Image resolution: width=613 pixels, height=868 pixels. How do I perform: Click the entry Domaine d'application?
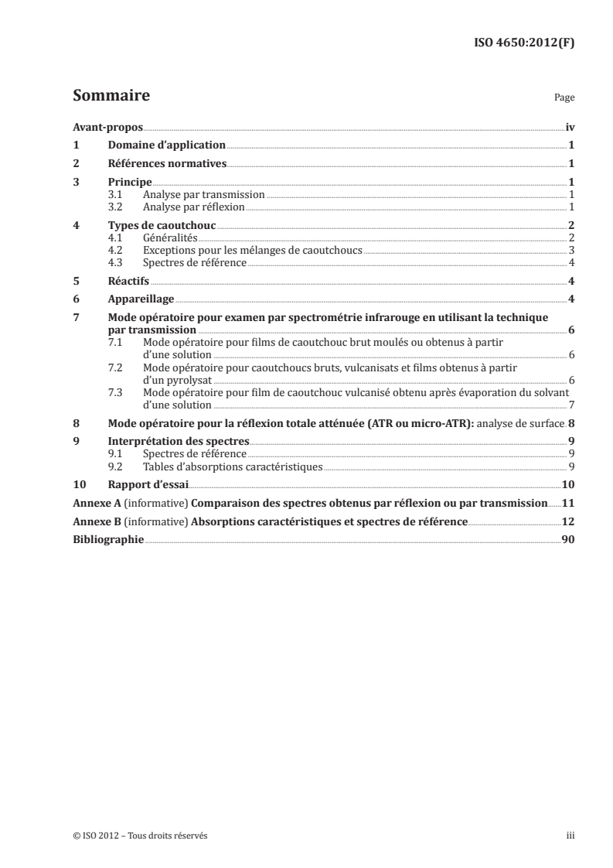pyautogui.click(x=166, y=145)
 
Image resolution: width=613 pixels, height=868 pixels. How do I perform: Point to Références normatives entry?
pyautogui.click(x=166, y=163)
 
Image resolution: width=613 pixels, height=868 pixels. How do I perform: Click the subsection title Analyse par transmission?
pyautogui.click(x=204, y=195)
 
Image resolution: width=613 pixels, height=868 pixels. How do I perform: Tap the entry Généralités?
pyautogui.click(x=170, y=238)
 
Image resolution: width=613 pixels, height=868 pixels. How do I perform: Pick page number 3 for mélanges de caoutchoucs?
pyautogui.click(x=570, y=250)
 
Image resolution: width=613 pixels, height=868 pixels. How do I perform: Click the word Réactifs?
pyautogui.click(x=128, y=281)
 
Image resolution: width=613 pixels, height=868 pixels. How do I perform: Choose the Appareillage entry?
pyautogui.click(x=140, y=299)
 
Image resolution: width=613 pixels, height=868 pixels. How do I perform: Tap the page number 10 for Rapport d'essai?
pyautogui.click(x=567, y=485)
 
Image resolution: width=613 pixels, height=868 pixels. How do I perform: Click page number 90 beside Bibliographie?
pyautogui.click(x=567, y=541)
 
